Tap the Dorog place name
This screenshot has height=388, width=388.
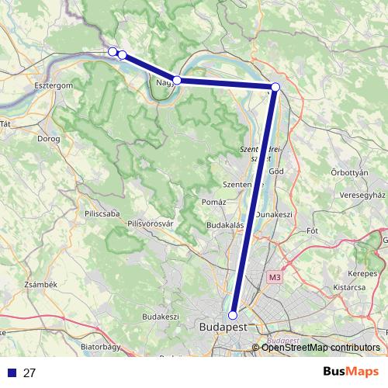click(x=48, y=140)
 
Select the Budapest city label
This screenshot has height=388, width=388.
click(x=223, y=327)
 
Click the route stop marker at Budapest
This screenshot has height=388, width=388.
click(x=232, y=315)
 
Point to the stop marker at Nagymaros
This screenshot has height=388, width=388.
click(x=177, y=80)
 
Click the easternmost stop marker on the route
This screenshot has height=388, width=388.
click(x=275, y=87)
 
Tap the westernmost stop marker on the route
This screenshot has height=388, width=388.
click(x=113, y=51)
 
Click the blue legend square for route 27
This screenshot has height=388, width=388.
click(x=12, y=372)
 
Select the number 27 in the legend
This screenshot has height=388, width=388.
click(x=30, y=372)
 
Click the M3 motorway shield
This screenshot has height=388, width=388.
click(x=275, y=277)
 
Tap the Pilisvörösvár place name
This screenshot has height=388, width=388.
click(x=153, y=223)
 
